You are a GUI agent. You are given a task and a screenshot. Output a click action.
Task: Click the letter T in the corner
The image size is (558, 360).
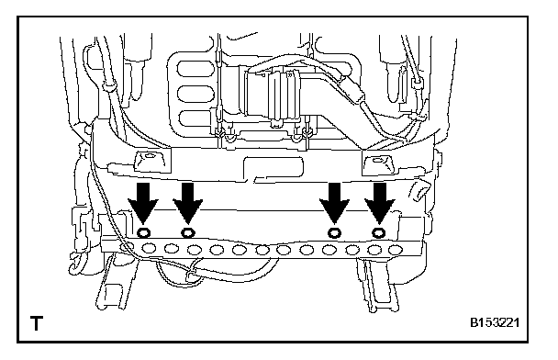click(x=37, y=323)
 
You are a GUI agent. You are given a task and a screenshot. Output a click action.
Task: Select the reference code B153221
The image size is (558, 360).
click(x=495, y=322)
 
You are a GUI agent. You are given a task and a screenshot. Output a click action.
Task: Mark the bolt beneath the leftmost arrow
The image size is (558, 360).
click(x=143, y=233)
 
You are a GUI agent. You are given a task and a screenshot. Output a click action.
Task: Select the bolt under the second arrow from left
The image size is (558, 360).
click(x=187, y=233)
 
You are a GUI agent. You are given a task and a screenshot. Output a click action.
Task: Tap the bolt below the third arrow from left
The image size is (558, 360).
click(x=334, y=233)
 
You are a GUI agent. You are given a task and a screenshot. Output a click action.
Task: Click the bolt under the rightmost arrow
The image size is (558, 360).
click(x=379, y=233)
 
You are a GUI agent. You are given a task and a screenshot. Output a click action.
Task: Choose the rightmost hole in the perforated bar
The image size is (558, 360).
click(x=396, y=250)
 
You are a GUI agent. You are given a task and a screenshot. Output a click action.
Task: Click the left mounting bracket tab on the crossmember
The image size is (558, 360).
click(x=150, y=161)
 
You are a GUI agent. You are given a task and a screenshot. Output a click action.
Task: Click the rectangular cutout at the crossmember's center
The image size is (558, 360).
click(x=273, y=167)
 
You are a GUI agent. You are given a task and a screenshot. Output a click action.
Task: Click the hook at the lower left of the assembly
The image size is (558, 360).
click(x=75, y=264)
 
